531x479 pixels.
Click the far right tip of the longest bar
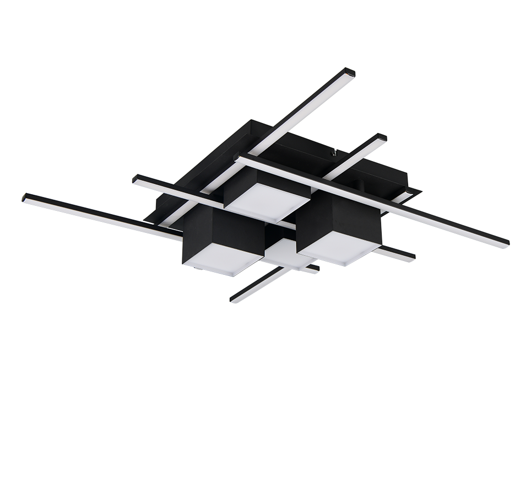[x=505, y=243]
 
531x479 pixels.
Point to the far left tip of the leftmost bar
[x=25, y=198]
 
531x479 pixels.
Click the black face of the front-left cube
[x=220, y=235]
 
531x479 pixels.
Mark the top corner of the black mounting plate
[x=252, y=120]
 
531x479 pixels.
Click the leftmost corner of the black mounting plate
[x=147, y=220]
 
